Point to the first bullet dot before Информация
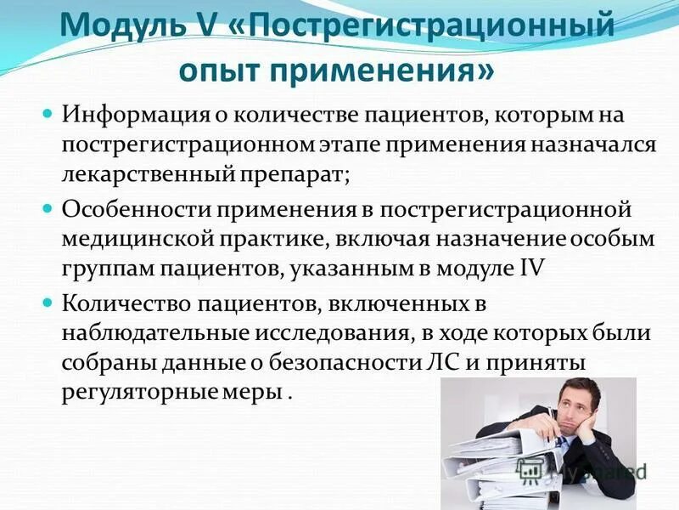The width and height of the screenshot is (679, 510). [48, 112]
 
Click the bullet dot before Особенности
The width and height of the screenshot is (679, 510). [48, 207]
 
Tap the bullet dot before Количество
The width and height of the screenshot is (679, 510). [48, 302]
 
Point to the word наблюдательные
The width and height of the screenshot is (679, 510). [160, 334]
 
